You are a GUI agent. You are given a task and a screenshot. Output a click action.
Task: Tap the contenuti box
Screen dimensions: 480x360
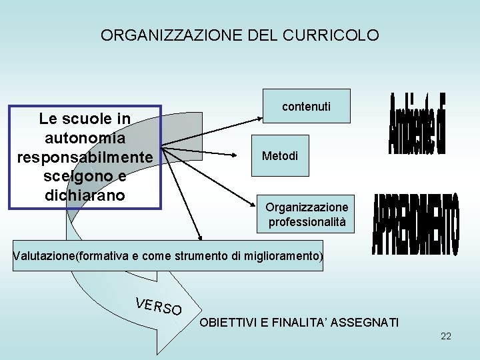pos(306,106)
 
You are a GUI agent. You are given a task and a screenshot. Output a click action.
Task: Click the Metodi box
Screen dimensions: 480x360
pos(280,156)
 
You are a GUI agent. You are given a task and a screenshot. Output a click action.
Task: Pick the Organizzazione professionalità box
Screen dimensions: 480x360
pos(307,214)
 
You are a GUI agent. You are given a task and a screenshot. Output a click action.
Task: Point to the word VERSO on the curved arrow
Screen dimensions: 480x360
pos(158,306)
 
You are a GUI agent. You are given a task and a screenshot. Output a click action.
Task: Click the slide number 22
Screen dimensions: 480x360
pos(446,336)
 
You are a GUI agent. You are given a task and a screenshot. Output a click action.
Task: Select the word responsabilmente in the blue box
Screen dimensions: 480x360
pos(85,157)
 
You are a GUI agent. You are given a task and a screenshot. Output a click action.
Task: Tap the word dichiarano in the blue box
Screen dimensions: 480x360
pos(85,197)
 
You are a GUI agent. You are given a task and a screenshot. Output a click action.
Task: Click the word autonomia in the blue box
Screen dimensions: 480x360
pos(85,138)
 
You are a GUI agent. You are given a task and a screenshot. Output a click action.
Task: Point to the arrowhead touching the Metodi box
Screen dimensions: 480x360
pos(248,156)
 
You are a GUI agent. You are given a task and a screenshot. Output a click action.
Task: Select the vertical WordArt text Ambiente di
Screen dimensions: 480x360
pos(417,125)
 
